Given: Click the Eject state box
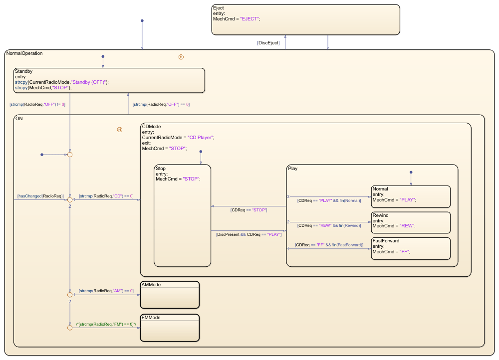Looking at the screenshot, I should click(x=305, y=20).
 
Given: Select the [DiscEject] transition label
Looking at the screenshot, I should click(x=268, y=43).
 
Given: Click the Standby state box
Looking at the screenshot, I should click(x=109, y=81).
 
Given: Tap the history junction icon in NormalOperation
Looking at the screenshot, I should click(x=181, y=57).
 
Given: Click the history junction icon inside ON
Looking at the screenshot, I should click(x=120, y=130).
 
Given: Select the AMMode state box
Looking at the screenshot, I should click(x=170, y=295).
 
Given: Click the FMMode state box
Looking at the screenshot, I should click(x=170, y=328).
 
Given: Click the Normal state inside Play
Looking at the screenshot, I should click(x=411, y=196).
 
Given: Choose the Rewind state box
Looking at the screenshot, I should click(x=411, y=222).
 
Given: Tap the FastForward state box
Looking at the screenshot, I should click(x=411, y=248).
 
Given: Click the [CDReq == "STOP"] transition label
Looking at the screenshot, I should click(x=249, y=210).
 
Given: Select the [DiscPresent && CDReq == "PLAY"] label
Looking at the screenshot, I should click(x=249, y=234).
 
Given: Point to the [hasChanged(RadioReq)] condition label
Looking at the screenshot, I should click(x=40, y=196).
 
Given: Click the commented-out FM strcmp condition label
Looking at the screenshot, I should click(x=106, y=325).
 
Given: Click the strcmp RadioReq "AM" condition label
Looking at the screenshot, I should click(x=106, y=291).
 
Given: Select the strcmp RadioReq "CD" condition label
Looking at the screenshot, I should click(x=106, y=196).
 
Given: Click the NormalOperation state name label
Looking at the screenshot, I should click(x=24, y=53).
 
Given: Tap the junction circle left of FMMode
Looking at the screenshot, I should click(x=70, y=328).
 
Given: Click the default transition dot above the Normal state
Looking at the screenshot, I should click(x=411, y=173).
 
